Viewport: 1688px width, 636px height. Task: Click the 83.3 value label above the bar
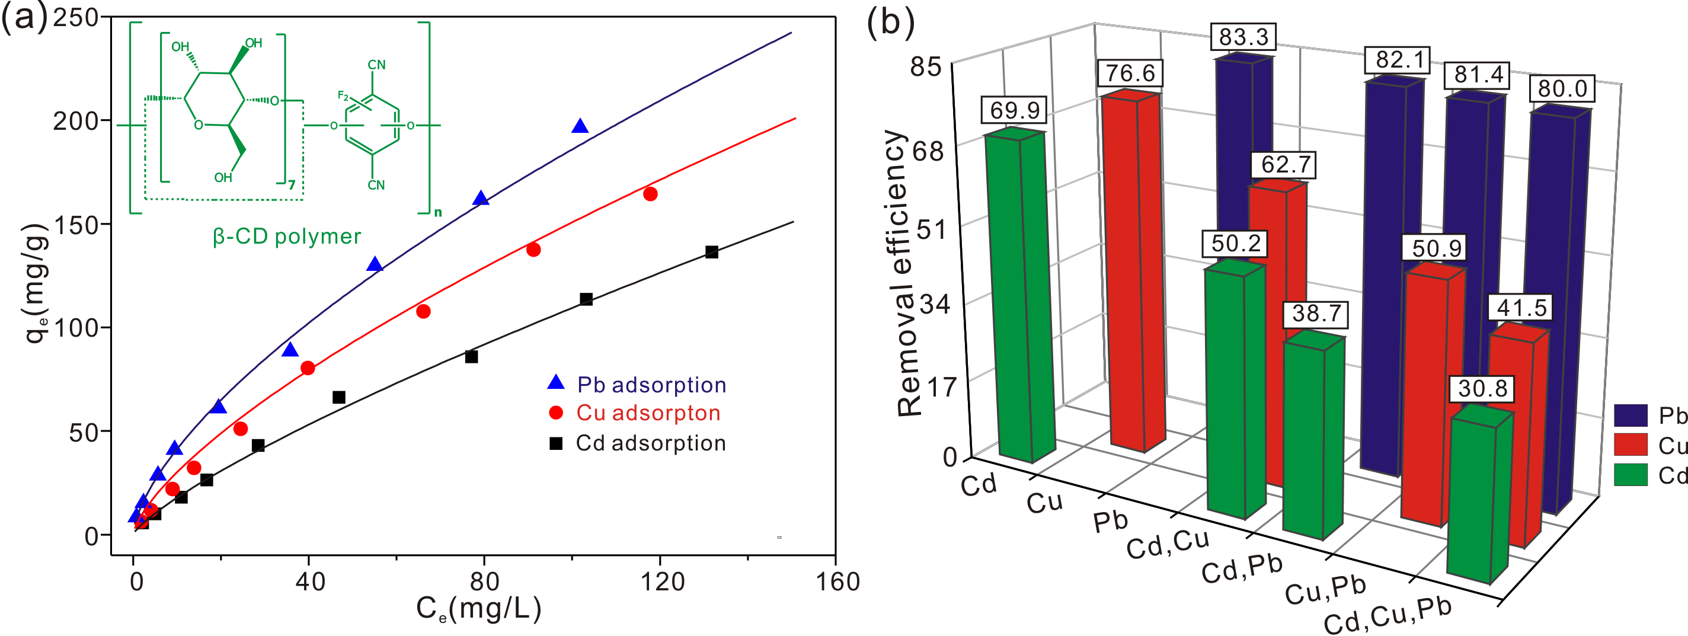pyautogui.click(x=1243, y=37)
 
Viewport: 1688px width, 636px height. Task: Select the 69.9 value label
pyautogui.click(x=1014, y=110)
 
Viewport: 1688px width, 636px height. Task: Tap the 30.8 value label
pyautogui.click(x=1482, y=389)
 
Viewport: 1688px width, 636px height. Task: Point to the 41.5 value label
pyautogui.click(x=1521, y=308)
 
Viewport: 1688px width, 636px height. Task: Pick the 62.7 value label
pyautogui.click(x=1286, y=164)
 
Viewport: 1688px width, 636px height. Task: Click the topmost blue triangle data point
pyautogui.click(x=580, y=126)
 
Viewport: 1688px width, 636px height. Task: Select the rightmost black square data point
pyautogui.click(x=712, y=252)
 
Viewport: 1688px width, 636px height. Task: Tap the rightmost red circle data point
pyautogui.click(x=650, y=194)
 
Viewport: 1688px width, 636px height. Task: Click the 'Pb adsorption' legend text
pyautogui.click(x=651, y=385)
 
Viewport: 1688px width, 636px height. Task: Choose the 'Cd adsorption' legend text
pyautogui.click(x=651, y=443)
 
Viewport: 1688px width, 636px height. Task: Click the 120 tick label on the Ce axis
pyautogui.click(x=663, y=581)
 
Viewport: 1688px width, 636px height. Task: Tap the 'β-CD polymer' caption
pyautogui.click(x=286, y=236)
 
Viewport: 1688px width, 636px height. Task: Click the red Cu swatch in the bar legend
pyautogui.click(x=1631, y=445)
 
